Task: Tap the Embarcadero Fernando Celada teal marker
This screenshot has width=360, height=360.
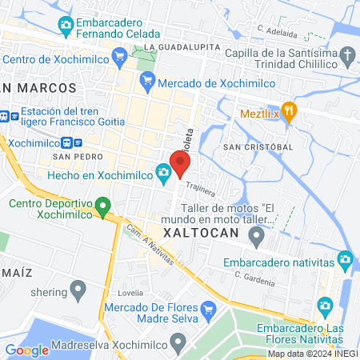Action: [x=66, y=24]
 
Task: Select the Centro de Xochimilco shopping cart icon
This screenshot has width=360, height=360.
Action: [x=121, y=56]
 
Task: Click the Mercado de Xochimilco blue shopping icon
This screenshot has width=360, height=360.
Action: [x=146, y=80]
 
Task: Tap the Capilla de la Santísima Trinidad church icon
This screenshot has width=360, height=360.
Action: [x=347, y=56]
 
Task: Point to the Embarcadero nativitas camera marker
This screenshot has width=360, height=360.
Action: [x=345, y=259]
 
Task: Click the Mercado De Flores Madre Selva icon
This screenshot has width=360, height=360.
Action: [x=208, y=309]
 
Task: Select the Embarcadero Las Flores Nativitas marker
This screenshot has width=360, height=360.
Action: [x=325, y=306]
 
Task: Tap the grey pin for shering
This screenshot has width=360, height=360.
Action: [x=78, y=287]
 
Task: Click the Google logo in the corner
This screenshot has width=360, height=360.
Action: [x=26, y=350]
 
